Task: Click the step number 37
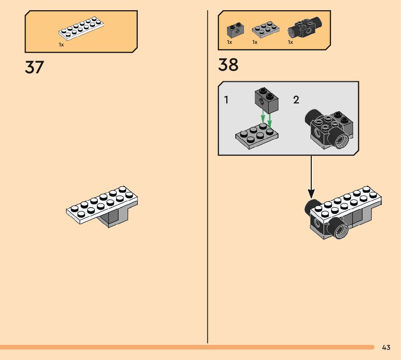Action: pos(34,67)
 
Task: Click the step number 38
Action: pos(228,65)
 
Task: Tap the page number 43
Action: pos(386,348)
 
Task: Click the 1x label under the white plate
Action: pos(61,44)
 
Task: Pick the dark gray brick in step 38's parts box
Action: pos(235,31)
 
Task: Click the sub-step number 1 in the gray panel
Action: pos(227,100)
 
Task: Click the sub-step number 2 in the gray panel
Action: pos(296,100)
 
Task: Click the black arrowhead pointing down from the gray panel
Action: pos(311,194)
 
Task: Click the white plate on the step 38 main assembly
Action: pos(348,203)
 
